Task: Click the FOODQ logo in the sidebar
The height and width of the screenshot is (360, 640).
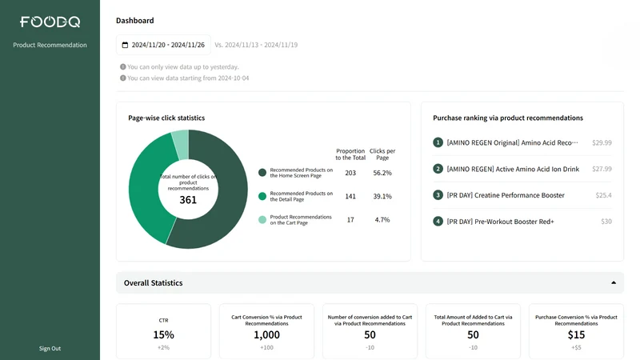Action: coord(50,22)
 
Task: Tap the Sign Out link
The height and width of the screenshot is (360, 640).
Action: coord(50,348)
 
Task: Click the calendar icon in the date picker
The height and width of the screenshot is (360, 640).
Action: coord(125,45)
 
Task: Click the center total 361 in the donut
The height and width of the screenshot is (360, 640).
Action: coord(188,199)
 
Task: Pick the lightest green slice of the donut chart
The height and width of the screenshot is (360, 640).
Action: coord(181,144)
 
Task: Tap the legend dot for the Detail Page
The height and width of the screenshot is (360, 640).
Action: coord(262,196)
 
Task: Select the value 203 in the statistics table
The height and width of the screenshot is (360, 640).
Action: coord(350,173)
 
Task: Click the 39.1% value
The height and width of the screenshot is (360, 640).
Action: coord(382,196)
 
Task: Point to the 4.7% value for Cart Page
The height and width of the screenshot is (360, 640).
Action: coord(382,219)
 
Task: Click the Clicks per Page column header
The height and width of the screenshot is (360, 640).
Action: coord(382,154)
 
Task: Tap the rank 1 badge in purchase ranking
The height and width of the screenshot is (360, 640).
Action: coord(438,142)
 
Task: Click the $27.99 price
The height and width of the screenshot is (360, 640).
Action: coord(602,169)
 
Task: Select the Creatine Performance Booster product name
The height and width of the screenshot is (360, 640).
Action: coord(519,195)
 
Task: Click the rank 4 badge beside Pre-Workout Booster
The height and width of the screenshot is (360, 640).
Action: coord(438,222)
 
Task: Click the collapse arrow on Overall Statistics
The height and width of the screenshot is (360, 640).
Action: coord(614,282)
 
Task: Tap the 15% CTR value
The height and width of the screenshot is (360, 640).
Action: coord(164,334)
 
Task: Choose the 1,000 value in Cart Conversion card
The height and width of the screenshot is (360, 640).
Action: coord(266,334)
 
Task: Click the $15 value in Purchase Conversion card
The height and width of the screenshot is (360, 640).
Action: coord(576,334)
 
